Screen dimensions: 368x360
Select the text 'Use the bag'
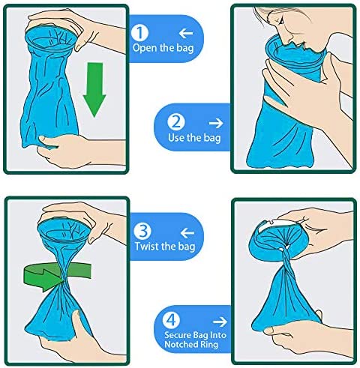click(194, 139)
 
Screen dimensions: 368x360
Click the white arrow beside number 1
click(187, 33)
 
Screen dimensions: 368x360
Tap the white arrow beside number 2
click(217, 122)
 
